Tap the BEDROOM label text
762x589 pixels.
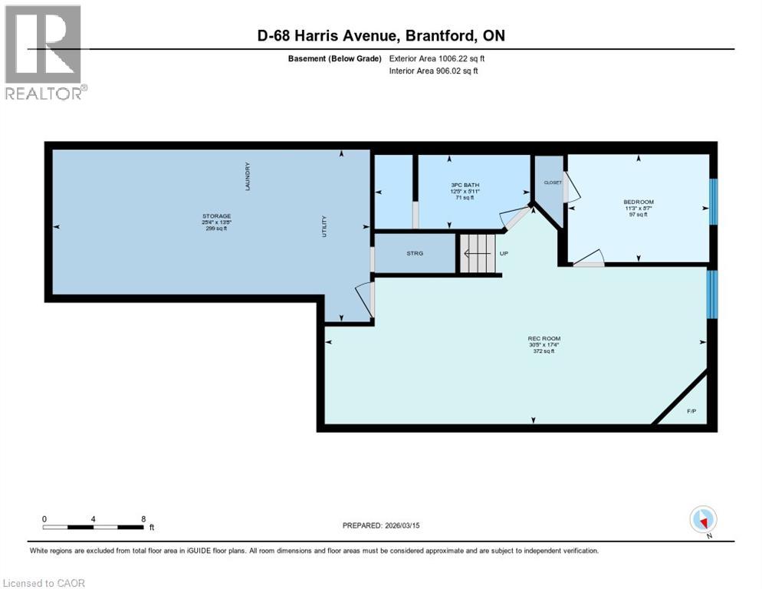(638, 202)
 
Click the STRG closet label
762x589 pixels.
(414, 253)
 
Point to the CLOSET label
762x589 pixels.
(552, 183)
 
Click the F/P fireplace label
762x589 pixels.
(691, 411)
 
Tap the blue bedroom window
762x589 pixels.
(713, 202)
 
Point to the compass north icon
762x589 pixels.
(703, 519)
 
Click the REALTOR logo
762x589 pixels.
(44, 52)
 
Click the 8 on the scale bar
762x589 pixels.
(143, 519)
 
